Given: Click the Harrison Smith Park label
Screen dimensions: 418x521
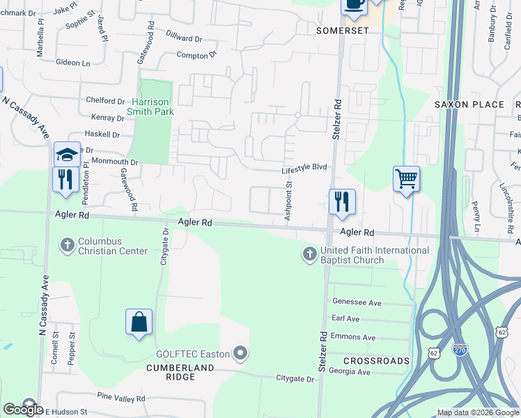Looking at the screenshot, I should (x=152, y=106).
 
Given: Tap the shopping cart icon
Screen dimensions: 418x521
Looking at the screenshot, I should (x=406, y=179).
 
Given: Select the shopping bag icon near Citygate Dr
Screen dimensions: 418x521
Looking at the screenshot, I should (x=139, y=323).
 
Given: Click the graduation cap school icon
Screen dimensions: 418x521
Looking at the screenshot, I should (x=67, y=154).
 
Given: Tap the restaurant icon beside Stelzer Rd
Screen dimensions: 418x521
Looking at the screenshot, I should (x=342, y=202).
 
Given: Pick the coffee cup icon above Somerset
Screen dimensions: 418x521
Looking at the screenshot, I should (x=353, y=5).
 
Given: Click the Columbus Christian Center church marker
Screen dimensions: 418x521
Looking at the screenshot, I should (x=67, y=245).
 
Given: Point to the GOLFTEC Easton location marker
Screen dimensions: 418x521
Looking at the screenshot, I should (x=240, y=354).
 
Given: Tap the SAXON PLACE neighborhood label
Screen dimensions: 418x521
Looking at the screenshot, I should (x=469, y=104).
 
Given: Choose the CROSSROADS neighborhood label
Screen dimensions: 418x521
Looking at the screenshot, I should (x=376, y=361).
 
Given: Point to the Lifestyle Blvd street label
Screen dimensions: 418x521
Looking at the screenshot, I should (x=304, y=168).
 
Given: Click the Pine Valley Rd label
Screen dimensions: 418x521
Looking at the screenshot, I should (x=120, y=397).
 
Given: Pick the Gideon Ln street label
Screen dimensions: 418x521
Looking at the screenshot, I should (x=73, y=63).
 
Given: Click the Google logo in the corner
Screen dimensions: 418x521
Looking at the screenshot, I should (x=23, y=410).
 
